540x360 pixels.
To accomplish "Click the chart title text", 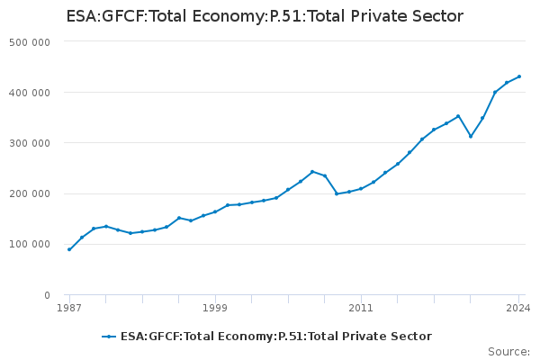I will coord(265,16).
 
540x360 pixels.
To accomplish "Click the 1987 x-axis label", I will coord(69,308).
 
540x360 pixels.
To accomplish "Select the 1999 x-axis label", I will coord(215,308).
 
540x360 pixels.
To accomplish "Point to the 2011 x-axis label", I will coord(361,308).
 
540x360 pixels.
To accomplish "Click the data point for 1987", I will coord(69,249).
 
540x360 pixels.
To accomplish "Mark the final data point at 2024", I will coord(519,76).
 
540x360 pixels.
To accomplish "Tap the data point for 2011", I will coord(361,189).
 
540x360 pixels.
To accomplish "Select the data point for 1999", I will coord(215,211).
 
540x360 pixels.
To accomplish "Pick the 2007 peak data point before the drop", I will coord(312,171).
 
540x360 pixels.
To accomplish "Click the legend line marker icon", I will coord(109,337).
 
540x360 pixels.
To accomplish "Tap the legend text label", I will coord(276,337).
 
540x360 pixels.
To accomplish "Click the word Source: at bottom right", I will coord(508,352).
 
